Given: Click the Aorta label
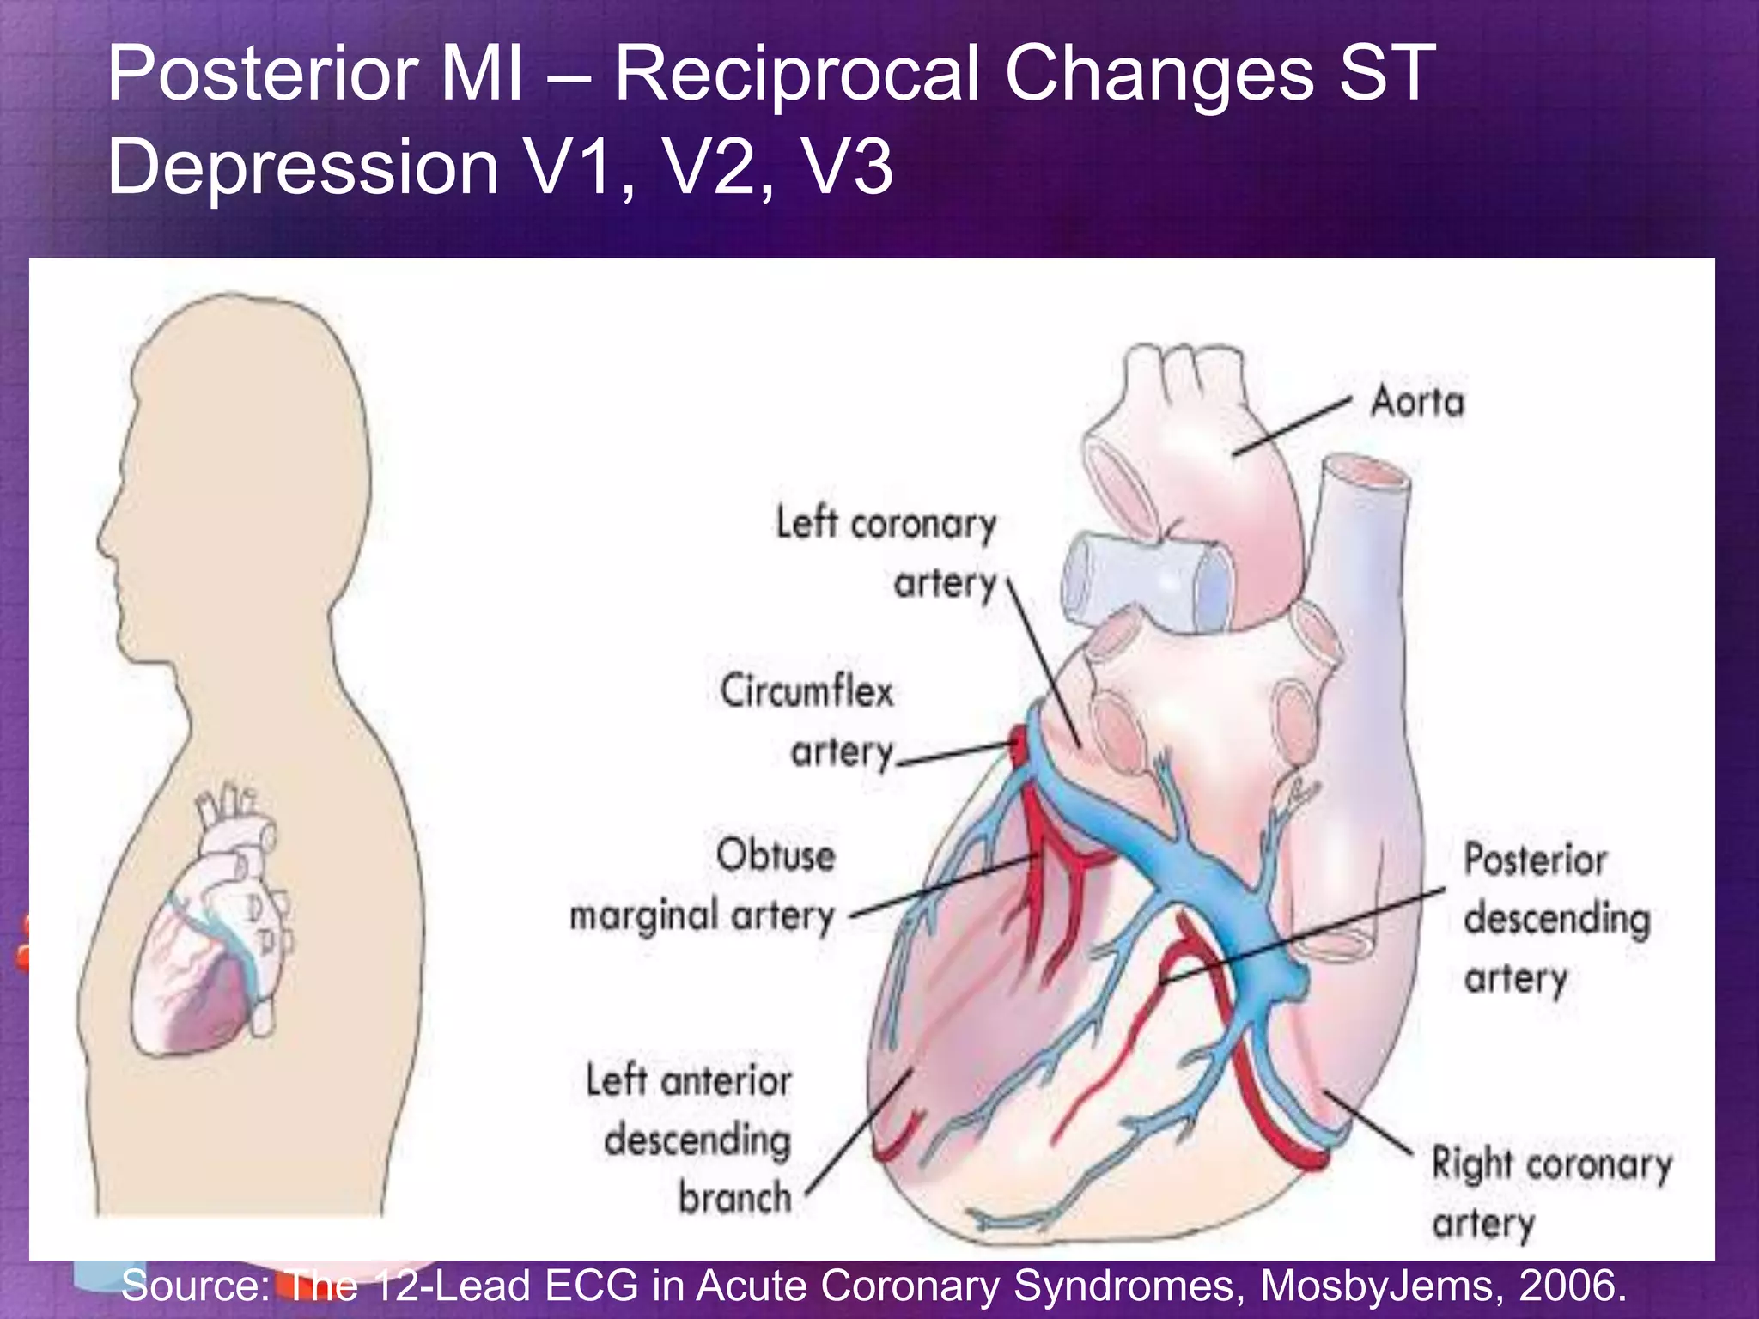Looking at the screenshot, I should (x=1417, y=402).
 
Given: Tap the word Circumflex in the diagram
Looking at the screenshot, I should (x=806, y=691).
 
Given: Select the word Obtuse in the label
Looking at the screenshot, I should (x=776, y=855).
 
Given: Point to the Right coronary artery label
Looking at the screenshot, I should (x=1551, y=1194).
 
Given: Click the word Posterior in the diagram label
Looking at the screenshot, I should (x=1535, y=860).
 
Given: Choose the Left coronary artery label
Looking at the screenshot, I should (x=886, y=553).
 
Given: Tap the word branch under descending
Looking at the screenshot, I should (x=735, y=1197).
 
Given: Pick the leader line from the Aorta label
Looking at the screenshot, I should (x=1293, y=426).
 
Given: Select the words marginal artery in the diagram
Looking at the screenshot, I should (x=703, y=915).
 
